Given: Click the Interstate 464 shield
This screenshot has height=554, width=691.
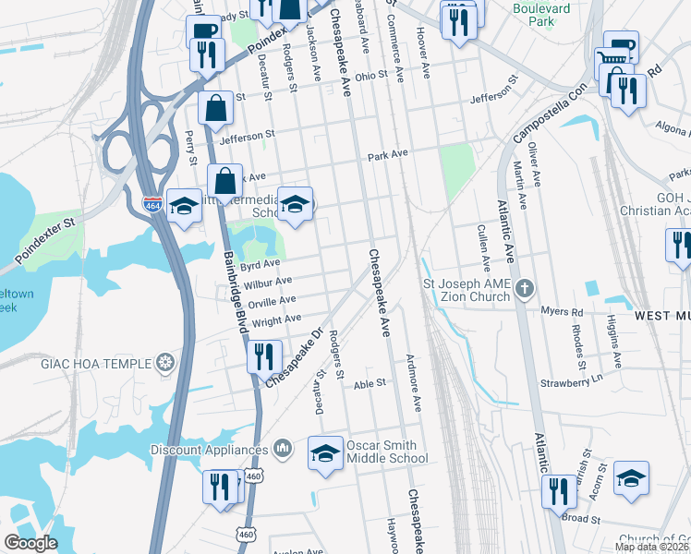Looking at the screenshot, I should (x=153, y=204).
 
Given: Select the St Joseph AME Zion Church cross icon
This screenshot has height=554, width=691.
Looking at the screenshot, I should (x=524, y=289).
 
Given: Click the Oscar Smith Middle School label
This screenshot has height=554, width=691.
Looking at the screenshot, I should (x=387, y=452).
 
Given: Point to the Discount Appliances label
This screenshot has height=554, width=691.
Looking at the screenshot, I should (x=210, y=450).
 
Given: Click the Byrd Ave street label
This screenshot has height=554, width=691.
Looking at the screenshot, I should (x=260, y=266).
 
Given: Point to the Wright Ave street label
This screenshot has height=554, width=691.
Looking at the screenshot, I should (x=277, y=320).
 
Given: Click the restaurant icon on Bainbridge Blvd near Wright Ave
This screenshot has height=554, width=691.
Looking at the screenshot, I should (x=265, y=355).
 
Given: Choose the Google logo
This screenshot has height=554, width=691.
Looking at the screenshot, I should (x=30, y=544).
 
